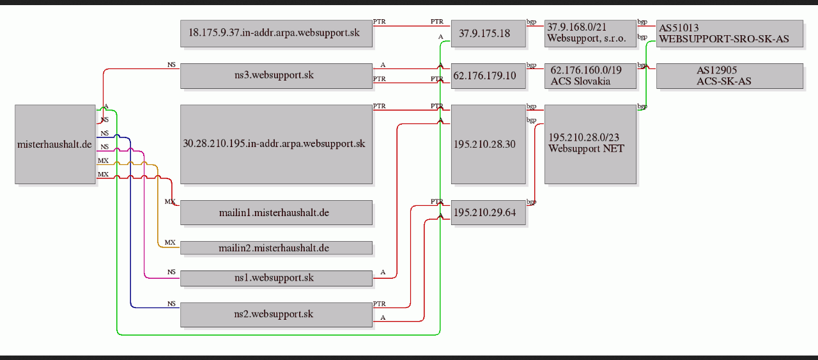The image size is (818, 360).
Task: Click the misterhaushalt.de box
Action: pos(55,145)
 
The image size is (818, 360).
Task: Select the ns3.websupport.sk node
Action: pos(277,76)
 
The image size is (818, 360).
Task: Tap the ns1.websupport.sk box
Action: pos(277,278)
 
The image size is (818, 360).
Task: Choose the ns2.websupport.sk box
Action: pos(277,315)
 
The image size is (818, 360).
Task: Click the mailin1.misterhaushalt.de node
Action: pos(277,212)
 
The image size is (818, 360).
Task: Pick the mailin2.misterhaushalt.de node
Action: pos(277,248)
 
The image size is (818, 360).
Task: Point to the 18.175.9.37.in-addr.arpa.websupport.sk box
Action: pos(277,33)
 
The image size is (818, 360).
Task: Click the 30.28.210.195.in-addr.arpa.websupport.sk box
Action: pos(277,145)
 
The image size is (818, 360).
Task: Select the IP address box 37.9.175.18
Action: pos(489,33)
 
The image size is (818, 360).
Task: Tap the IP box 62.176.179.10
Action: pos(489,76)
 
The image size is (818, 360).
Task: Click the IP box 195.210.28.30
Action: pos(489,145)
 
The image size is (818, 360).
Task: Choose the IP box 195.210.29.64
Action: pos(489,212)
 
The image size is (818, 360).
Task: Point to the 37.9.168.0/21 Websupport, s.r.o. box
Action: pos(590,33)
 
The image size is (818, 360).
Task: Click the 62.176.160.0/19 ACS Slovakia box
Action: pos(590,76)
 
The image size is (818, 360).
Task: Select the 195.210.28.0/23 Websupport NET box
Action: pos(590,145)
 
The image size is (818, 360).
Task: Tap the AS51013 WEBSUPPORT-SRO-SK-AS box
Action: pos(730,33)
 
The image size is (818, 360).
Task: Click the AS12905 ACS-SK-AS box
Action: pos(730,76)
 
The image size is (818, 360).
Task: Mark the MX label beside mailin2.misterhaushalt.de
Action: pos(170,243)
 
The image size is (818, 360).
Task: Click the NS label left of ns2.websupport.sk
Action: pos(172,304)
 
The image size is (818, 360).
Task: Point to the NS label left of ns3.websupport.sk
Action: pos(172,65)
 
